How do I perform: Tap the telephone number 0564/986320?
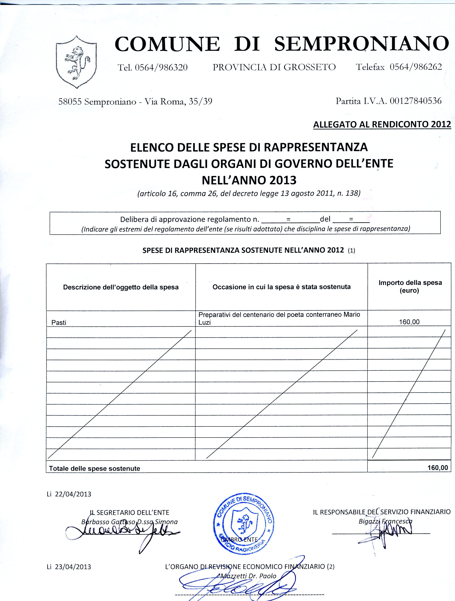point(161,67)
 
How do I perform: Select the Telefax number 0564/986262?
point(416,67)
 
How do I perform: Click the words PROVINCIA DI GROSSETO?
point(274,67)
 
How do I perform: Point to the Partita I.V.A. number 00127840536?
point(416,101)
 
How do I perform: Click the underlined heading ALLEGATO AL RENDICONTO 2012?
point(382,124)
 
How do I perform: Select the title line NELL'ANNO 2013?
point(249,180)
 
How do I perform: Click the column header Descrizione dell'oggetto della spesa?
point(121,287)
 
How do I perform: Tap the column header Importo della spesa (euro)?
point(410,286)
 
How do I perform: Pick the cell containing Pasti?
point(59,322)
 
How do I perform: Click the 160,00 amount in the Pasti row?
point(409,322)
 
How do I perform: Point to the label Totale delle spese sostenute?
point(94,468)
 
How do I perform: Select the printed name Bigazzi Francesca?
point(385,521)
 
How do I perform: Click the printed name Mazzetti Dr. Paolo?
point(249,576)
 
